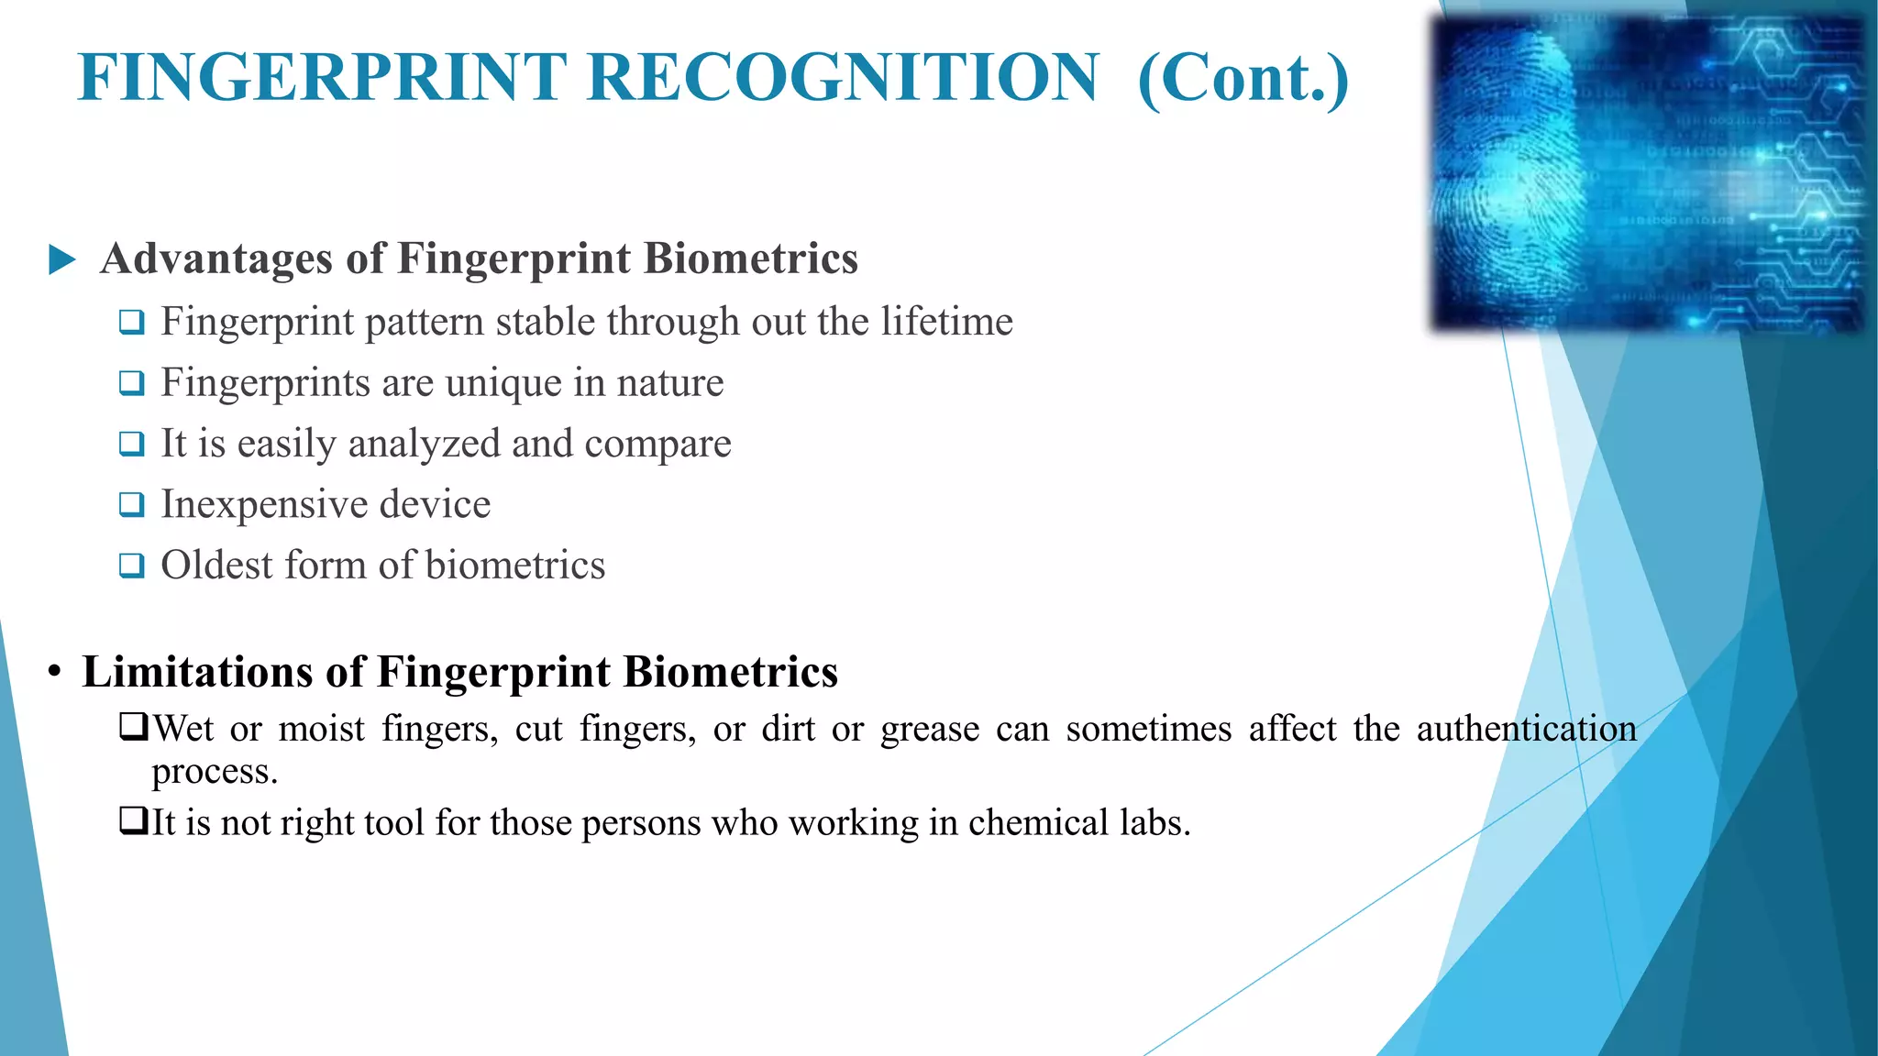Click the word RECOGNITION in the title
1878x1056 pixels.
tap(843, 77)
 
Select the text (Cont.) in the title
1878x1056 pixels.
tap(1243, 79)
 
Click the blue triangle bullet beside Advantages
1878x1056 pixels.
tap(61, 259)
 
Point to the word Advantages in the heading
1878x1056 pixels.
tap(216, 258)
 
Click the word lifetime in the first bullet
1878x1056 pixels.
tap(946, 322)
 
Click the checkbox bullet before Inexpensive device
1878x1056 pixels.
tap(132, 505)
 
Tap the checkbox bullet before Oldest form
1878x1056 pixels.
tap(132, 566)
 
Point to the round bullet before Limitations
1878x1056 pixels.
tap(55, 672)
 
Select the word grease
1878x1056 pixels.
tap(930, 730)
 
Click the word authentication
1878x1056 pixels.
tap(1526, 730)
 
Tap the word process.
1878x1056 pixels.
tap(214, 772)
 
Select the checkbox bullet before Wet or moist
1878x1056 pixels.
tap(133, 729)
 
